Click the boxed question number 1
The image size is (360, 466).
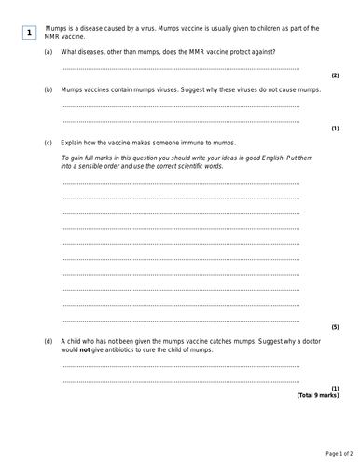click(29, 34)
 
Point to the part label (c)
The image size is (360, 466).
click(48, 144)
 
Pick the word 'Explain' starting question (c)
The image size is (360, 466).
click(73, 144)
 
